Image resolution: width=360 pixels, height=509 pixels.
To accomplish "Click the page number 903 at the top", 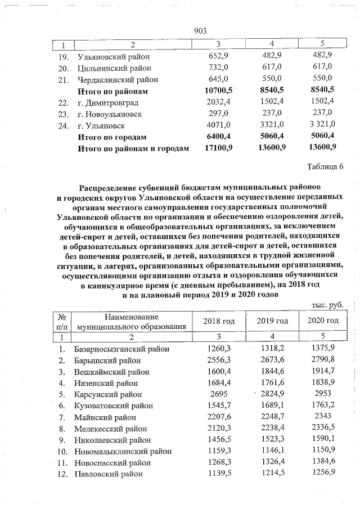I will pyautogui.click(x=201, y=30).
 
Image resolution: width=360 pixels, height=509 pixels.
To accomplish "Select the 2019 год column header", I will pyautogui.click(x=272, y=321).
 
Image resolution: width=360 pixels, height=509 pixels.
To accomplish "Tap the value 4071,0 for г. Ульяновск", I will pyautogui.click(x=217, y=125).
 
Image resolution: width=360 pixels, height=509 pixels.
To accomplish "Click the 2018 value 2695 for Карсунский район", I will pyautogui.click(x=216, y=394).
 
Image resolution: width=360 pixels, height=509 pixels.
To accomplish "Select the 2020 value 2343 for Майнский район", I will pyautogui.click(x=323, y=417).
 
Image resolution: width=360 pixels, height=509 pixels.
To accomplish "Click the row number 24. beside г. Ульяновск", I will pyautogui.click(x=63, y=125).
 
